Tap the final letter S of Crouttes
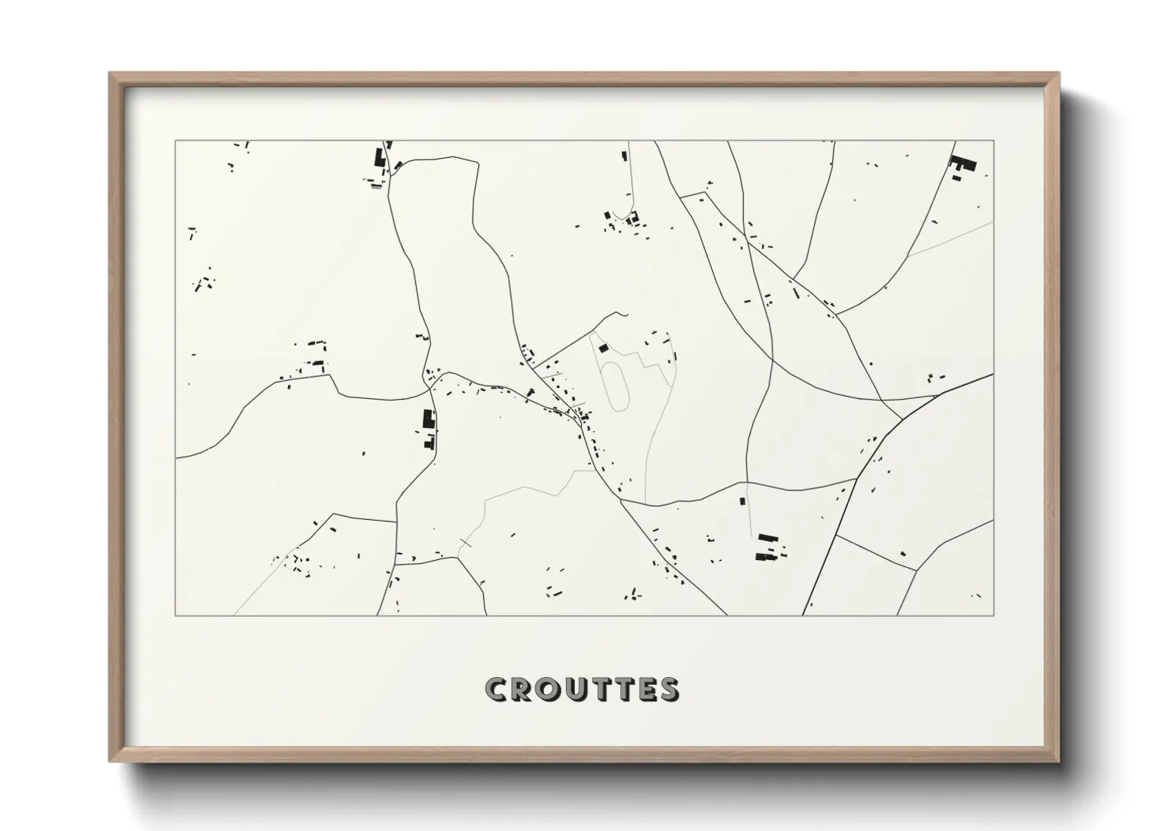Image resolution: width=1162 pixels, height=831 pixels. pyautogui.click(x=669, y=689)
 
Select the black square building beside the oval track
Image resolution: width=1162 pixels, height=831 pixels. pyautogui.click(x=603, y=348)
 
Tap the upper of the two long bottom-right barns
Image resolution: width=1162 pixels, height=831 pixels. pyautogui.click(x=767, y=537)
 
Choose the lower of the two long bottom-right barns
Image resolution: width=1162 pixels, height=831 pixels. pyautogui.click(x=765, y=556)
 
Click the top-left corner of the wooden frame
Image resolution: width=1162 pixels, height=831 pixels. pyautogui.click(x=111, y=74)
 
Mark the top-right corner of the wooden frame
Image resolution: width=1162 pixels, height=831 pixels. pyautogui.click(x=1058, y=74)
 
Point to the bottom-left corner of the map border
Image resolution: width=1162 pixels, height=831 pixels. pyautogui.click(x=176, y=615)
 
